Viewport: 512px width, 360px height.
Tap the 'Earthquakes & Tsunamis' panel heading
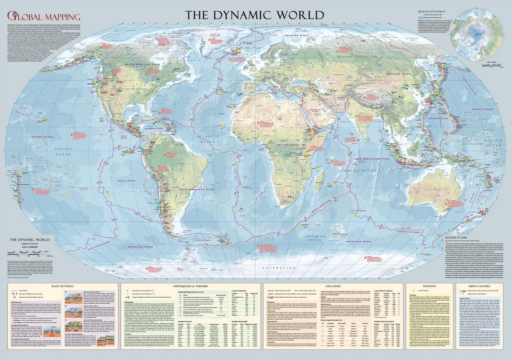(x=191, y=287)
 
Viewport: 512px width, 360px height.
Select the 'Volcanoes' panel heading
(x=332, y=287)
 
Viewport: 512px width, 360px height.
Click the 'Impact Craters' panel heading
(x=481, y=287)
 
